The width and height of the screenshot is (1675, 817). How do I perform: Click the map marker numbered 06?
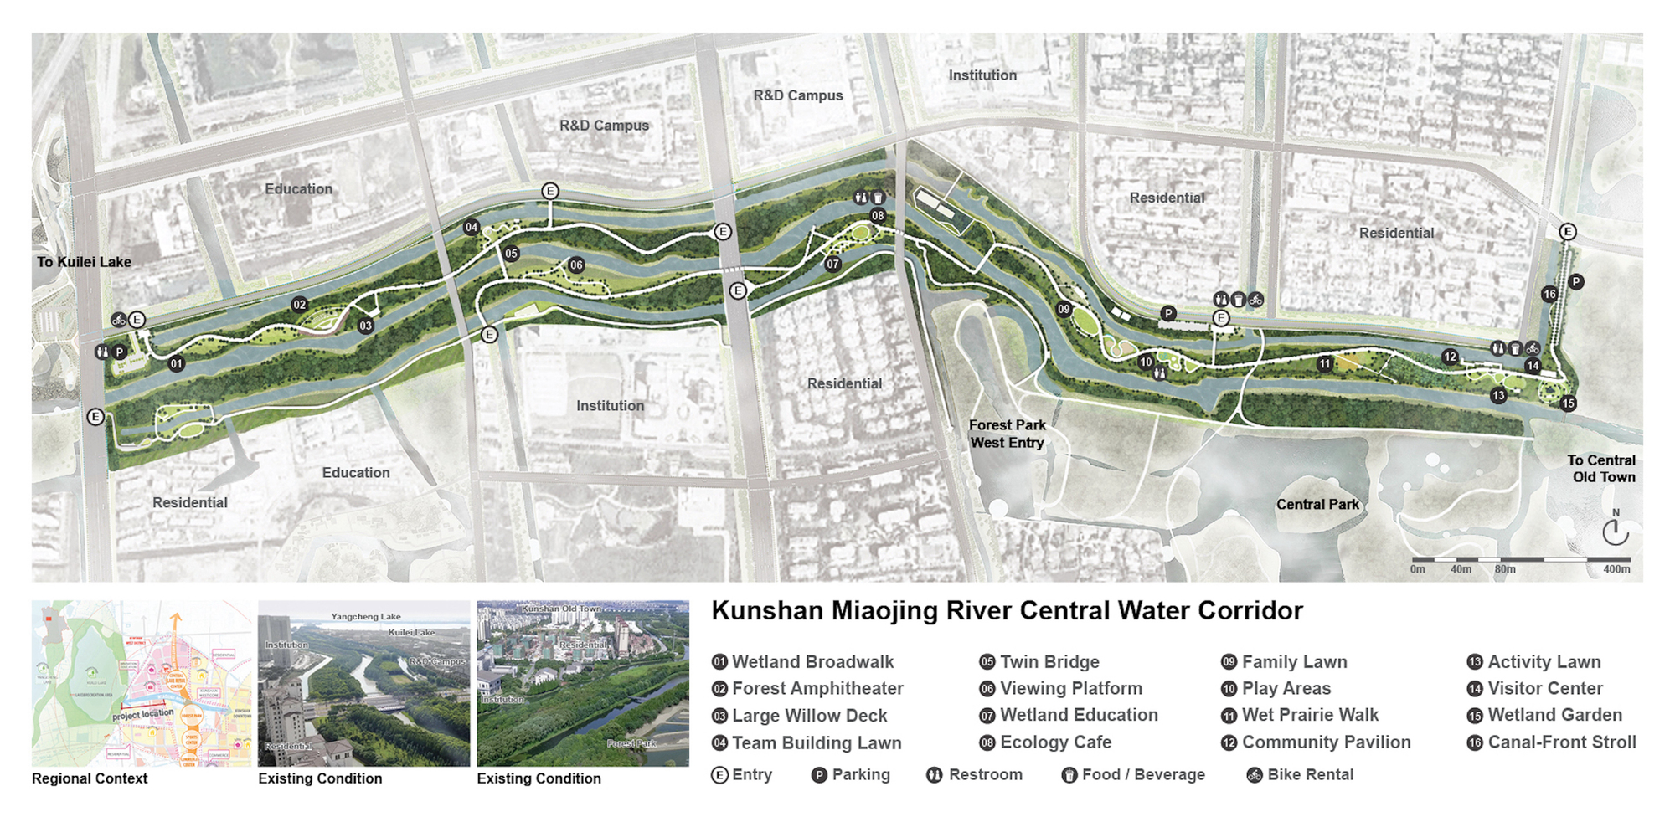[576, 265]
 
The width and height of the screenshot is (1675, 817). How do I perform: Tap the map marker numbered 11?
[1324, 363]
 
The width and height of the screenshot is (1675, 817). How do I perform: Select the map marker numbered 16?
[1549, 294]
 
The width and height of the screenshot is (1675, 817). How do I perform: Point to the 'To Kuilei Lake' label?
[84, 262]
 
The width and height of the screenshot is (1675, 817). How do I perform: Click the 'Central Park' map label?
[1317, 504]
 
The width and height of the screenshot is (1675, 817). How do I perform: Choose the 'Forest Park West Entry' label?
[1007, 434]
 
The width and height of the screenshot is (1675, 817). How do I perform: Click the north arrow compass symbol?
[1615, 531]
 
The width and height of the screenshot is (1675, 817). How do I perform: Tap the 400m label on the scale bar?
[1616, 569]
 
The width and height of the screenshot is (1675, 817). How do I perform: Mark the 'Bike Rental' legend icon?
[1255, 775]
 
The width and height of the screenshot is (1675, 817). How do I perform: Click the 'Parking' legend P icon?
[819, 775]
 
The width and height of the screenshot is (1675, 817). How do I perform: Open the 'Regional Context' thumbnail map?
[141, 683]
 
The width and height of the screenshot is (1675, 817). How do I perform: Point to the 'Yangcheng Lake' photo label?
[366, 617]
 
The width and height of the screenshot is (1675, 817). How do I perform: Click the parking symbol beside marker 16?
[1575, 282]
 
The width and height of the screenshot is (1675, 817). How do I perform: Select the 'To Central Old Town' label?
[1601, 469]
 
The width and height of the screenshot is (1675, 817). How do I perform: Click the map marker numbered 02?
[299, 305]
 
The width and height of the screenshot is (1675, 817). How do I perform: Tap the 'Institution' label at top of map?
[982, 75]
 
